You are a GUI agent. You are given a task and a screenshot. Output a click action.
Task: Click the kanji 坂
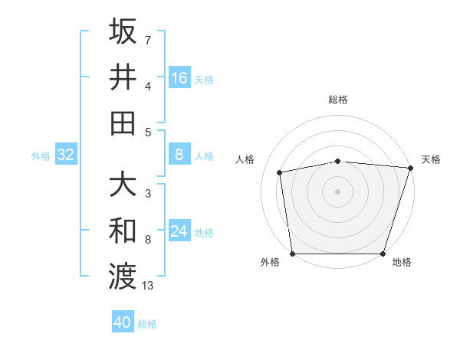tap(123, 31)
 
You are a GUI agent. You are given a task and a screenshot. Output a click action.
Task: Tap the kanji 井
tap(123, 77)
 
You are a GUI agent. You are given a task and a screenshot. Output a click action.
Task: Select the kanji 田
tap(123, 123)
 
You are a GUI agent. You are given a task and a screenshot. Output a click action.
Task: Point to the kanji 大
tap(123, 185)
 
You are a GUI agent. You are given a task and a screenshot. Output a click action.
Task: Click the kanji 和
tap(123, 231)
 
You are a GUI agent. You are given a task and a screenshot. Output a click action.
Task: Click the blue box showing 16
tap(179, 77)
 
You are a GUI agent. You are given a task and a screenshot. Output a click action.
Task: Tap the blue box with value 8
tap(179, 155)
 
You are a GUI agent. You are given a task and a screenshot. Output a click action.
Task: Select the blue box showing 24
tap(179, 231)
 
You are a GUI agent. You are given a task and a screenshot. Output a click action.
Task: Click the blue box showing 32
tap(65, 155)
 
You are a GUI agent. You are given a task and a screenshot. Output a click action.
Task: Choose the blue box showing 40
tap(123, 322)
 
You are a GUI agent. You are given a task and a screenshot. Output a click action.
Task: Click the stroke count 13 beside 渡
tap(148, 286)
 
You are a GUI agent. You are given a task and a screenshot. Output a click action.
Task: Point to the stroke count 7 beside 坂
tap(148, 39)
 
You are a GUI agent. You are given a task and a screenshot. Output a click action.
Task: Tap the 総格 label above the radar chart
tap(338, 100)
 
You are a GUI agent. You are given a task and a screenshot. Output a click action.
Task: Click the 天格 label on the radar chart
tap(431, 159)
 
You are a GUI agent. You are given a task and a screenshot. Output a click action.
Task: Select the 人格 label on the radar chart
tap(245, 159)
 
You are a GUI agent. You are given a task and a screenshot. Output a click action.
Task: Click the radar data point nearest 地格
tap(383, 254)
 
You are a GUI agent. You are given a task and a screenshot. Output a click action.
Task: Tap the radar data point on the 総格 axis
tap(338, 161)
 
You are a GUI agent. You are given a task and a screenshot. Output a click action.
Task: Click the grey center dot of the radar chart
tap(338, 191)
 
